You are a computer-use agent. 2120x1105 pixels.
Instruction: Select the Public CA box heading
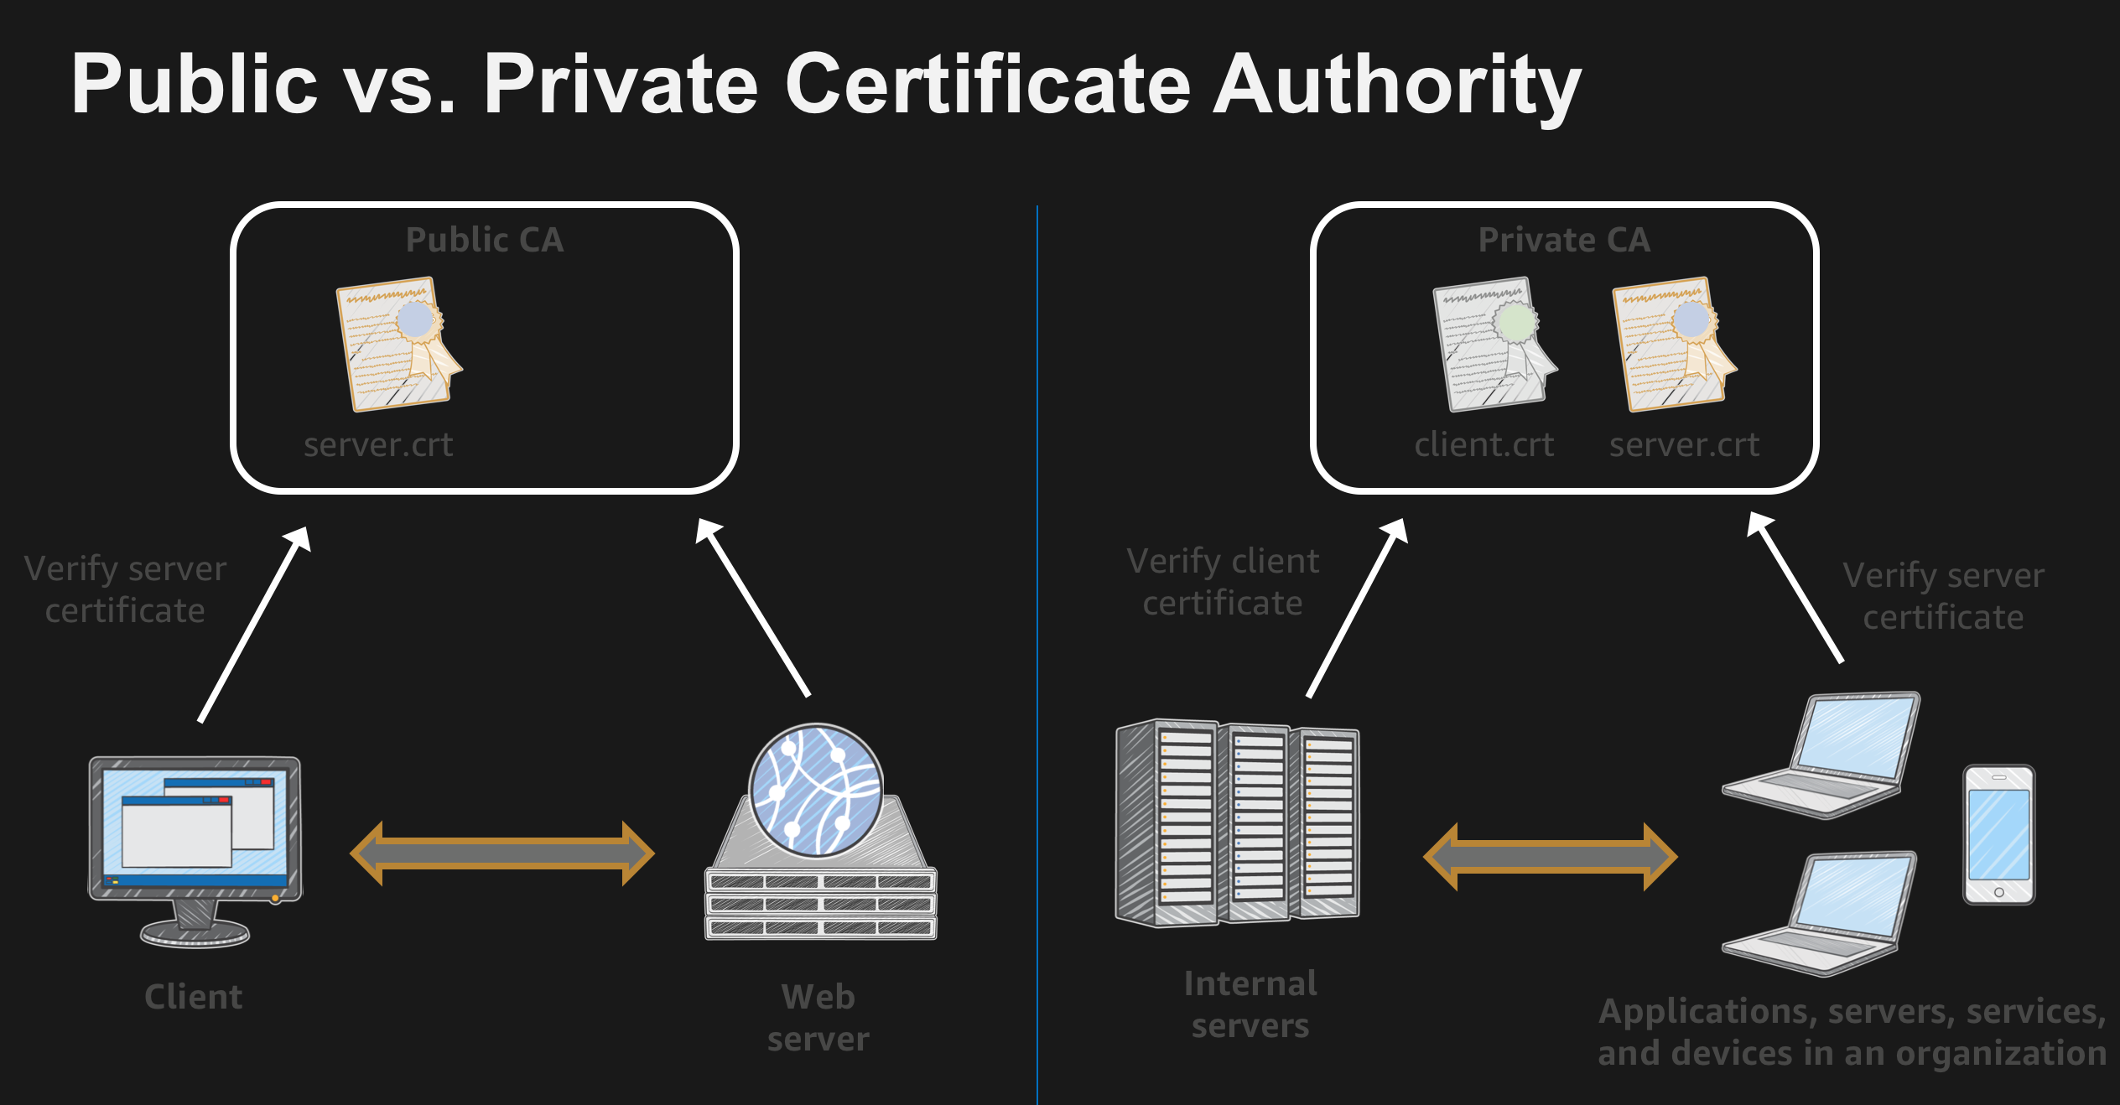pyautogui.click(x=485, y=240)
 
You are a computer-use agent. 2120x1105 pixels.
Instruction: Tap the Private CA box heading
pyautogui.click(x=1564, y=240)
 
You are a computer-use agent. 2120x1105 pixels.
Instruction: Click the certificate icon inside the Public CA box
pyautogui.click(x=398, y=344)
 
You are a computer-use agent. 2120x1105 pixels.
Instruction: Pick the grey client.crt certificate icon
pyautogui.click(x=1495, y=344)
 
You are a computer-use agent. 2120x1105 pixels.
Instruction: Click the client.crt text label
pyautogui.click(x=1484, y=445)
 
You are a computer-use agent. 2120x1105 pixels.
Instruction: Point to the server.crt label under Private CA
pyautogui.click(x=1684, y=445)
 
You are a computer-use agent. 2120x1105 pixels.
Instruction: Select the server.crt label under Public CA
pyautogui.click(x=378, y=445)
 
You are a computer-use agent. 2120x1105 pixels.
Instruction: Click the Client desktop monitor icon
pyautogui.click(x=195, y=852)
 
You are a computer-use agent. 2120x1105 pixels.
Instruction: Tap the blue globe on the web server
pyautogui.click(x=815, y=791)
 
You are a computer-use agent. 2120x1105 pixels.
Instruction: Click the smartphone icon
pyautogui.click(x=1999, y=834)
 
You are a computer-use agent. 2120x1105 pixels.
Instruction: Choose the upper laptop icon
pyautogui.click(x=1821, y=755)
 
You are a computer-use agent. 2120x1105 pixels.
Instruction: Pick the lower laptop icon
pyautogui.click(x=1820, y=914)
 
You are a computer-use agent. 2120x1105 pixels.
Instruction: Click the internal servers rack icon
pyautogui.click(x=1238, y=823)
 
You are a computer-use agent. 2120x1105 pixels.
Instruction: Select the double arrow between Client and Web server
pyautogui.click(x=502, y=853)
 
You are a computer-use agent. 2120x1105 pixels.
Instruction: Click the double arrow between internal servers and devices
pyautogui.click(x=1551, y=856)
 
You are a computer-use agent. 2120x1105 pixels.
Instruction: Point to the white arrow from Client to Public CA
pyautogui.click(x=254, y=625)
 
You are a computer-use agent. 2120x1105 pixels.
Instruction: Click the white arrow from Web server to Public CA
pyautogui.click(x=752, y=608)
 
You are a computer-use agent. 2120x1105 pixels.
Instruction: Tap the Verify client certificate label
pyautogui.click(x=1223, y=582)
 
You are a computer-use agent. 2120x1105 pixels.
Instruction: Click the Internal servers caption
pyautogui.click(x=1250, y=1004)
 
